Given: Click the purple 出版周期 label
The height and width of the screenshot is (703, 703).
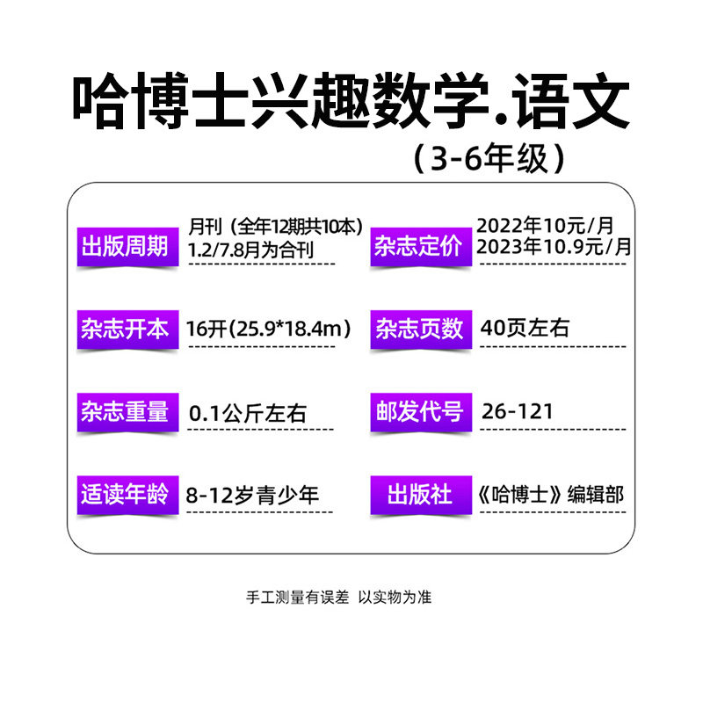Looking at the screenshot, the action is (x=127, y=247).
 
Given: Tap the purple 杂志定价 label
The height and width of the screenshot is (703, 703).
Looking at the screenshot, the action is (x=421, y=247).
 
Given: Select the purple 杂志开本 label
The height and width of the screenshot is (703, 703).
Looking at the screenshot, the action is (x=127, y=329).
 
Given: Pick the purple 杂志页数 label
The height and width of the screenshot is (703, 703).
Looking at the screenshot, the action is (x=421, y=329).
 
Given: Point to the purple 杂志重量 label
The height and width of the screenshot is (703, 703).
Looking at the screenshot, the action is (x=127, y=412).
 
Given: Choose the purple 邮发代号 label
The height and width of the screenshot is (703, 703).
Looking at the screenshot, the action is (x=421, y=412).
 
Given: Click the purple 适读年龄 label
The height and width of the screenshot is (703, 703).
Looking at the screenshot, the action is (x=127, y=495).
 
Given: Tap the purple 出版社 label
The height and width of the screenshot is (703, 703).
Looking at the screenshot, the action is (x=421, y=495).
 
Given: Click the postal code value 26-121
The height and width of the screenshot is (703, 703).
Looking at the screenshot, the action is (x=517, y=411).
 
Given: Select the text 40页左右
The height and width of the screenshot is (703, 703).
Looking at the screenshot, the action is (x=525, y=328).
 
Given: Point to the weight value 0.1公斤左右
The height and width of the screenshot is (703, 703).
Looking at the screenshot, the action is (x=248, y=413).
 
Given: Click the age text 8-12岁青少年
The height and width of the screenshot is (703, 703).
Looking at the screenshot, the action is (x=252, y=496).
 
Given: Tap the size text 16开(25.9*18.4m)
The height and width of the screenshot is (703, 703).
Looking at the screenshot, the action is (x=268, y=329).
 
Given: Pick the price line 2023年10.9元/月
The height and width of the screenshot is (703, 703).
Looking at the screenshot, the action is (x=554, y=247).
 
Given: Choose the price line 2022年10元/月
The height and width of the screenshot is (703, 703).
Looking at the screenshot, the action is (x=545, y=226).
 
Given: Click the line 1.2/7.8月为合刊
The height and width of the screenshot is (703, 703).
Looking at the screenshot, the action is (x=250, y=250).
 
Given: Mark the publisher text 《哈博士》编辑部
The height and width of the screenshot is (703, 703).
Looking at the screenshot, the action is (x=551, y=495).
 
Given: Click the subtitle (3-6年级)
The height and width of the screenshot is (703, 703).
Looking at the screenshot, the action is (x=489, y=159).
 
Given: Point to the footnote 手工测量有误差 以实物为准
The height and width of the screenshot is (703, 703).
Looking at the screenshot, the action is (x=338, y=598).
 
